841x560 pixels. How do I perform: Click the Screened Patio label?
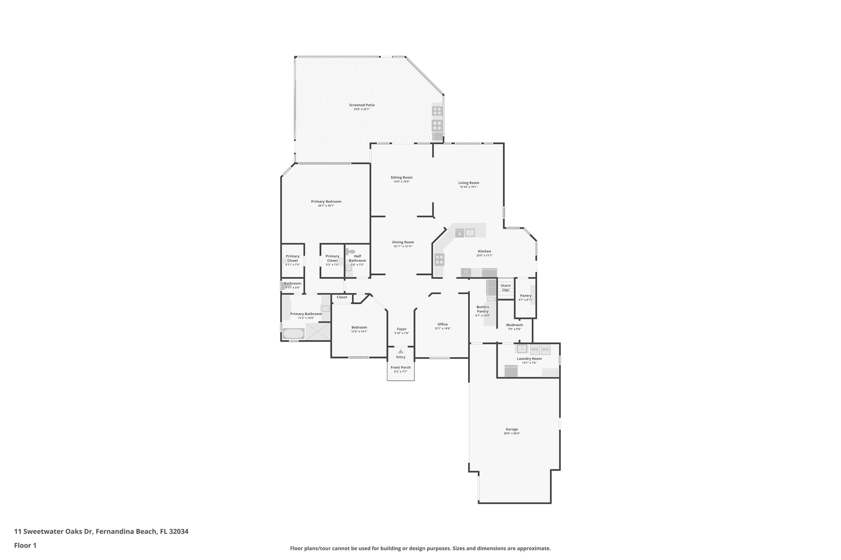click(362, 105)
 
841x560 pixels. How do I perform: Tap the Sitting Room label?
click(401, 178)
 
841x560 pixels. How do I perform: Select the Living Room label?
click(469, 183)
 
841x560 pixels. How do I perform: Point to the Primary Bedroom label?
click(326, 201)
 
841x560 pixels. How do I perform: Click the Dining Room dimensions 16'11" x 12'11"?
click(402, 246)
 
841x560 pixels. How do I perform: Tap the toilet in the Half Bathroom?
click(351, 251)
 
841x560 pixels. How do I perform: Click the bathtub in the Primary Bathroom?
click(293, 334)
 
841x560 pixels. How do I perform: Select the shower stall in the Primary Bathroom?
click(318, 331)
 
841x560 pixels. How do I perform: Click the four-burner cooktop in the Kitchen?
click(439, 259)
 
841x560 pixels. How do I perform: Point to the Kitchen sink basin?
click(470, 233)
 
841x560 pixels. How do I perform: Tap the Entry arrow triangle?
click(400, 351)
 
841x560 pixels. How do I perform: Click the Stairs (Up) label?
click(506, 288)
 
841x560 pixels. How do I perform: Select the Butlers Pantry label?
click(483, 309)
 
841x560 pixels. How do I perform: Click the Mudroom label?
click(514, 325)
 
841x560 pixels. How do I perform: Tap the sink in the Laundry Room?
click(522, 349)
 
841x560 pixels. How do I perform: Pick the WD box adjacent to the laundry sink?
click(535, 350)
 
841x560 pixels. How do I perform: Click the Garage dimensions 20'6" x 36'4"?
click(512, 433)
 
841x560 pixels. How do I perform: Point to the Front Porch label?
click(400, 367)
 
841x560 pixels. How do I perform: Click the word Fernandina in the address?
click(115, 531)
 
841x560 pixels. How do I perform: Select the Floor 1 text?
click(25, 545)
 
